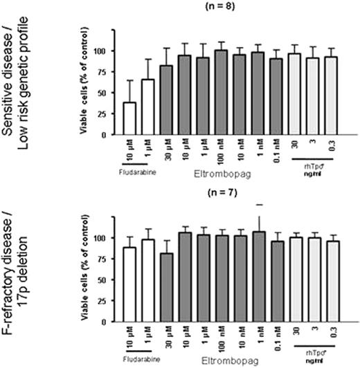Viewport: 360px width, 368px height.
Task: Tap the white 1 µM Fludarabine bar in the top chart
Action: click(x=147, y=107)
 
